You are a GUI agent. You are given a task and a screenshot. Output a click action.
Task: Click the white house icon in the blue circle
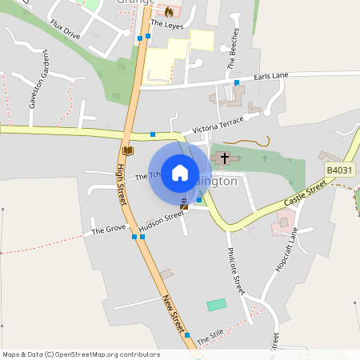(x=179, y=173)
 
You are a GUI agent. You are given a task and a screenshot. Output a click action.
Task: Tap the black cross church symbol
(x=225, y=158)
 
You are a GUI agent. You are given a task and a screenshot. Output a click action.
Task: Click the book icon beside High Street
(x=127, y=150)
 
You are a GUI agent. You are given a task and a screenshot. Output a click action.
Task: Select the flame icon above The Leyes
(x=169, y=12)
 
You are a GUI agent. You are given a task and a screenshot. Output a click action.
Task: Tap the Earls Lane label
(x=270, y=77)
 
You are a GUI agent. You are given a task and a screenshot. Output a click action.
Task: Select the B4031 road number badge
(x=338, y=170)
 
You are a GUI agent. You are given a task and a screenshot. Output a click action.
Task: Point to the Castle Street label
(x=306, y=193)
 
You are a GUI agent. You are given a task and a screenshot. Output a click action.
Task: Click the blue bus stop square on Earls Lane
(x=237, y=82)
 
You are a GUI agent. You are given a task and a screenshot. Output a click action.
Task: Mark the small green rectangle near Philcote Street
(x=216, y=305)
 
